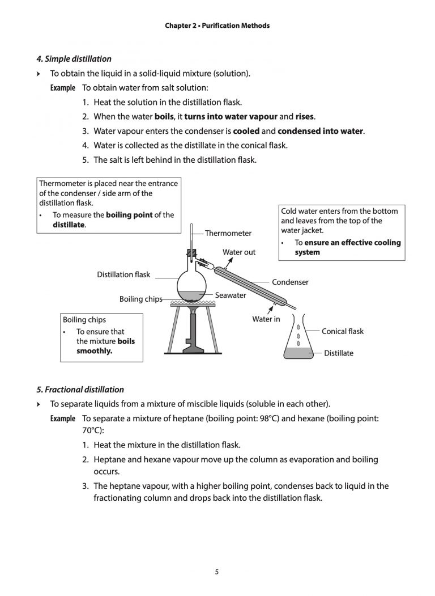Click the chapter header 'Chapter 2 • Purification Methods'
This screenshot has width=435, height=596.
click(x=217, y=26)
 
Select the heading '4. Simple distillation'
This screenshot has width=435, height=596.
click(x=74, y=58)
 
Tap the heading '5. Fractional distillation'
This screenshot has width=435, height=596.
click(x=80, y=390)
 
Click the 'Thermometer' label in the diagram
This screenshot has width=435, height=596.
click(x=228, y=233)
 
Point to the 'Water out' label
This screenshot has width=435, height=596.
click(x=238, y=252)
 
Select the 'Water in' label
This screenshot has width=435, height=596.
click(x=266, y=319)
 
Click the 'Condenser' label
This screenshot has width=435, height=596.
click(x=290, y=282)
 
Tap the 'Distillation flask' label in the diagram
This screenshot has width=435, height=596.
click(x=123, y=274)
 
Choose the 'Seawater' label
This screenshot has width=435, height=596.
click(x=231, y=295)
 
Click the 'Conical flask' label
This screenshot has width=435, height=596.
click(x=343, y=331)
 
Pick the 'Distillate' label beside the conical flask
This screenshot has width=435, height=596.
click(x=338, y=353)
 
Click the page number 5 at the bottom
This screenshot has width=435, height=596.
click(x=217, y=572)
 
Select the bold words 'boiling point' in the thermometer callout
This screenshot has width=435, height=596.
click(x=129, y=215)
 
